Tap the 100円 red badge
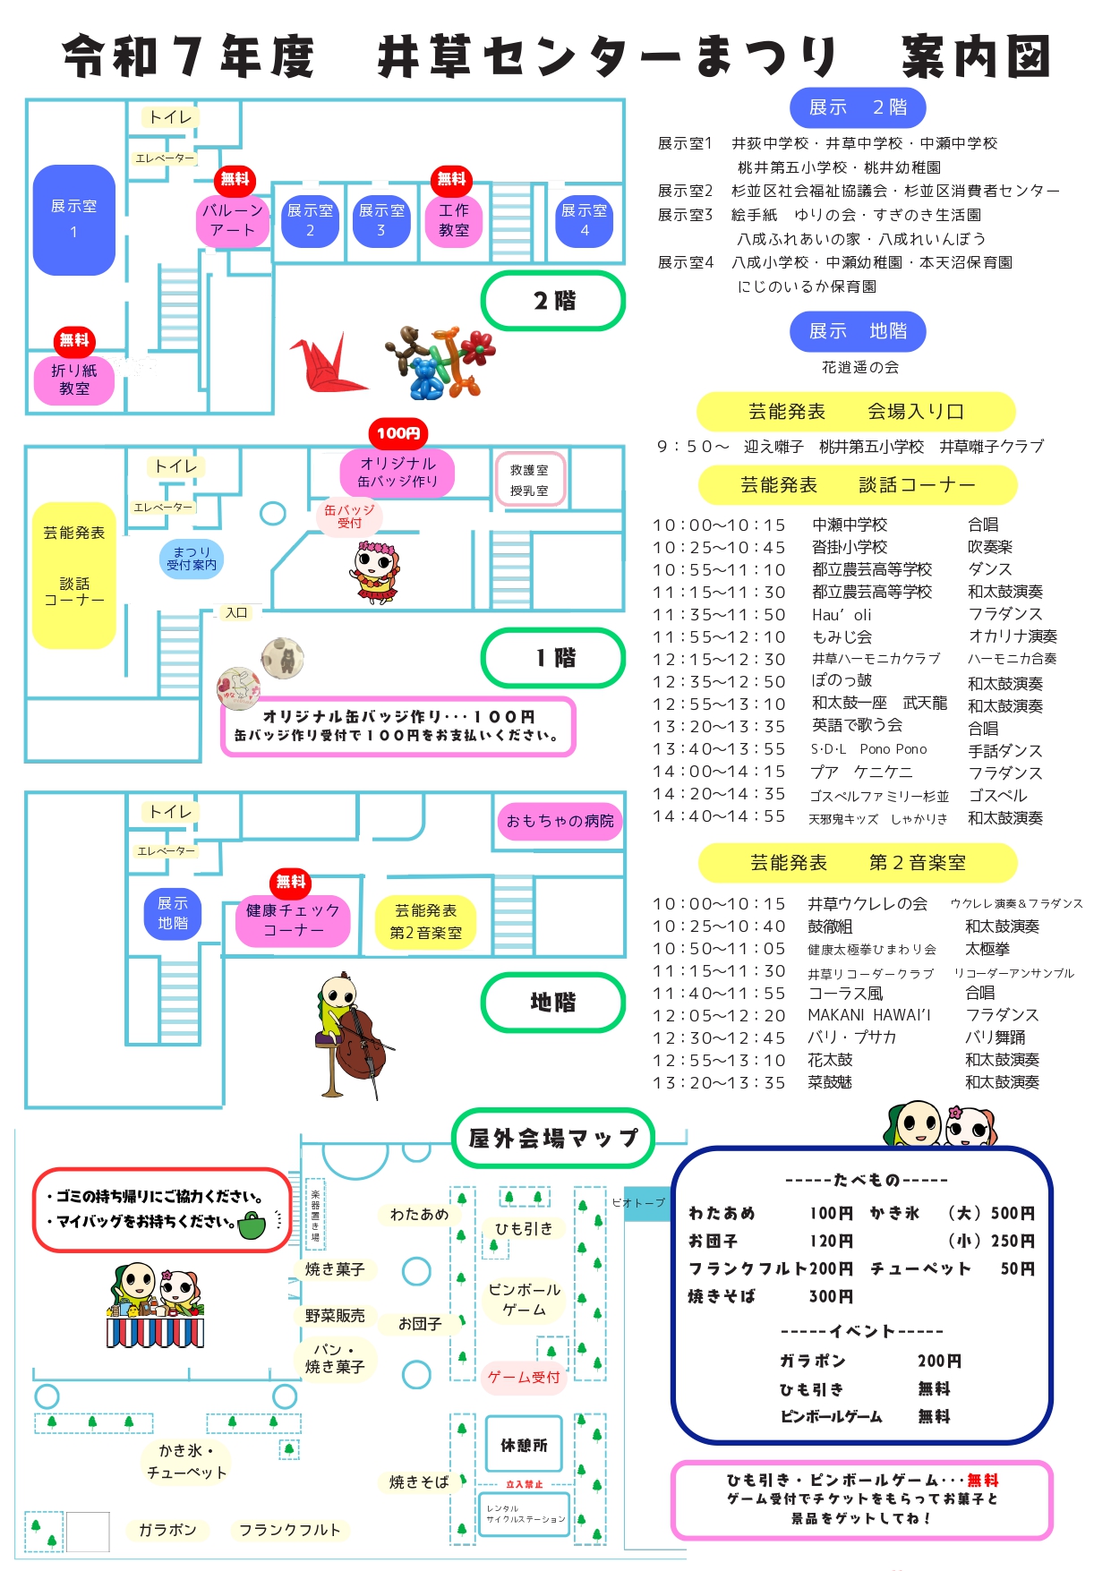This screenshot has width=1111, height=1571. tap(398, 433)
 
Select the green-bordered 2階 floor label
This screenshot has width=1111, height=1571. tap(553, 301)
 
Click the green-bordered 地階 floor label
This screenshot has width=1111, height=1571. tap(553, 1003)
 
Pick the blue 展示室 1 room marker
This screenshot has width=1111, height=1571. tap(74, 219)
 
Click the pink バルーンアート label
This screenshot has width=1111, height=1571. tap(233, 220)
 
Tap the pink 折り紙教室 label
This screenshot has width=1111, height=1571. tap(74, 380)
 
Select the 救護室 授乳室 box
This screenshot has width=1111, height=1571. tap(530, 480)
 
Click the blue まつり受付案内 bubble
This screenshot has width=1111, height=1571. tap(192, 559)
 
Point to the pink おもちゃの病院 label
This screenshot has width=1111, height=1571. tap(560, 821)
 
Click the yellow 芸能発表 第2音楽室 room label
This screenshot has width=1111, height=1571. tap(426, 922)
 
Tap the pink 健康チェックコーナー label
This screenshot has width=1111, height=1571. tap(293, 920)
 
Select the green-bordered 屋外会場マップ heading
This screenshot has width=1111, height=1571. tap(553, 1138)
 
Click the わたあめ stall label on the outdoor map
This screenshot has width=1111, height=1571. tap(419, 1215)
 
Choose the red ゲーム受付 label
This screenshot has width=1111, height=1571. tap(523, 1377)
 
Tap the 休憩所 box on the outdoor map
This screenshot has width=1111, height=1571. tap(524, 1445)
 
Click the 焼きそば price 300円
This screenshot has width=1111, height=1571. tap(831, 1296)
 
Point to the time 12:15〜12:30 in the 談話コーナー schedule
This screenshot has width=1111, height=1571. tap(719, 660)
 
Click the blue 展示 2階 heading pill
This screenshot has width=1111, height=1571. tap(858, 107)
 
